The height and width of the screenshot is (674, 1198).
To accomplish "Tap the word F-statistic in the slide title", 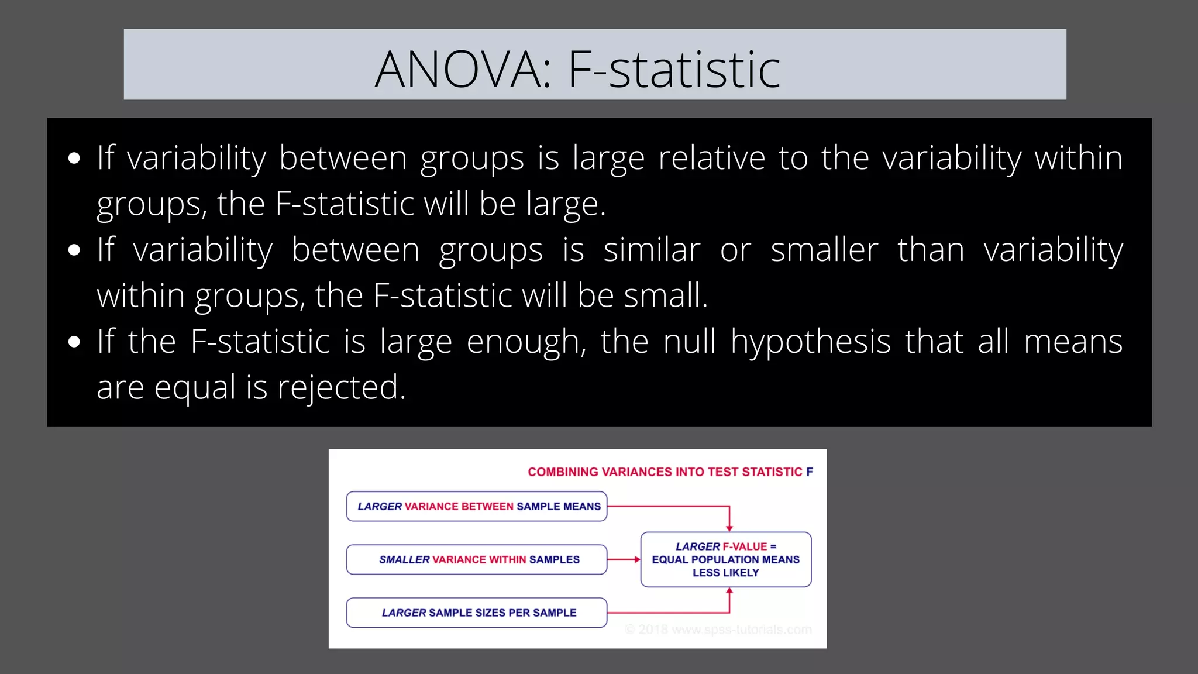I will [x=674, y=70].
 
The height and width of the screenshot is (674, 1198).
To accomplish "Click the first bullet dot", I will [x=74, y=159].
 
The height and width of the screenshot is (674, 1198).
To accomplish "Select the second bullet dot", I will [x=74, y=250].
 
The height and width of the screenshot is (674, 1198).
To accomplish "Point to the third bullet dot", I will [x=74, y=342].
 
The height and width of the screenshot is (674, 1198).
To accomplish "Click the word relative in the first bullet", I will [x=711, y=158].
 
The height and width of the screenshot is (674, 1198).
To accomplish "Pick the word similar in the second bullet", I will [x=652, y=250].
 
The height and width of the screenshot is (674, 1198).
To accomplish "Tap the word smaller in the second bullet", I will [x=824, y=250].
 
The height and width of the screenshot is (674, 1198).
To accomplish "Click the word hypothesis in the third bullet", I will [x=810, y=342].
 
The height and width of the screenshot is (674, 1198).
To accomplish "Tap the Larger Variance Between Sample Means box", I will [x=477, y=507].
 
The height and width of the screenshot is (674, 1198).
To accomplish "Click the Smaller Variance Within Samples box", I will [x=477, y=560].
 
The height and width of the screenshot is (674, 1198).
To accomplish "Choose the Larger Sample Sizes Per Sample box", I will [x=477, y=613].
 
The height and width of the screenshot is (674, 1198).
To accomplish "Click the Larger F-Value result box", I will [x=726, y=560].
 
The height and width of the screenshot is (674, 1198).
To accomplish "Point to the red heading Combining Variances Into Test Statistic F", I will [x=670, y=472].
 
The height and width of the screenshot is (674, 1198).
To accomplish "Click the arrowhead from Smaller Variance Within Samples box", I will [x=637, y=560].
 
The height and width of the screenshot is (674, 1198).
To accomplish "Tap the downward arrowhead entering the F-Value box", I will [x=729, y=528].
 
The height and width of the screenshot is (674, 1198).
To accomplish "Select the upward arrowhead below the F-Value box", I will [x=729, y=591].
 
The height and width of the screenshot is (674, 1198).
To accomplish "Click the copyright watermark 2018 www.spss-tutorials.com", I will [x=719, y=630].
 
